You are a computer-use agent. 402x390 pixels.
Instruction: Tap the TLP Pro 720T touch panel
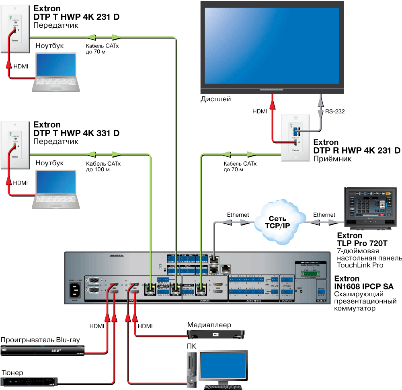pos(368,209)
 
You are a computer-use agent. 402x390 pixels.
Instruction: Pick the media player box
pos(216,333)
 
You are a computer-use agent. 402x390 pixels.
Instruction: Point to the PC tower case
pos(192,369)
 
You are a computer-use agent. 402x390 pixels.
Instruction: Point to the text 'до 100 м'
pos(98,170)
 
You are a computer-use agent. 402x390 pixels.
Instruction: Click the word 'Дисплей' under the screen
pos(216,99)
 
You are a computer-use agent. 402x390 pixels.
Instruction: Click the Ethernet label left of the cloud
pos(238,215)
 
